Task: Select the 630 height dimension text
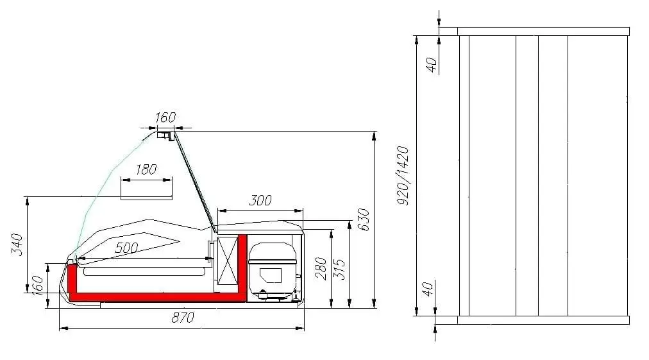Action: pos(364,219)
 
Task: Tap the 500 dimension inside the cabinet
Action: pos(127,248)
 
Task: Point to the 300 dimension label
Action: pos(260,201)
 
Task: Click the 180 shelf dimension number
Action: pos(146,169)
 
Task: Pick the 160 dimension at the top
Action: pos(165,117)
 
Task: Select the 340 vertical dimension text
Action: pos(17,244)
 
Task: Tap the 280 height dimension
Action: pos(322,268)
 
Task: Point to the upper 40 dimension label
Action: pos(432,64)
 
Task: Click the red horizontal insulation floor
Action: pos(154,296)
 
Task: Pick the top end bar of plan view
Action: pos(543,31)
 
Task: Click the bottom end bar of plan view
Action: pos(543,320)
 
